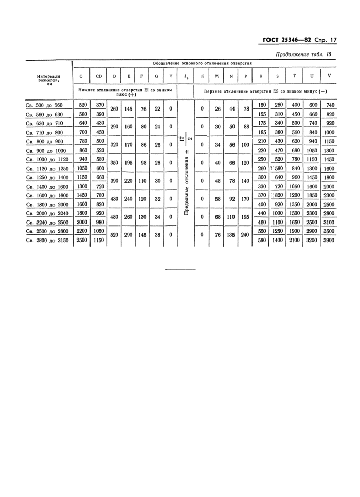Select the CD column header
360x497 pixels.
(x=99, y=76)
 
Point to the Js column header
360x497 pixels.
(x=186, y=77)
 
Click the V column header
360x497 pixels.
(x=329, y=76)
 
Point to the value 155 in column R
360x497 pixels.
(x=261, y=114)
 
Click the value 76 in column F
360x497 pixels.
(x=143, y=109)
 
